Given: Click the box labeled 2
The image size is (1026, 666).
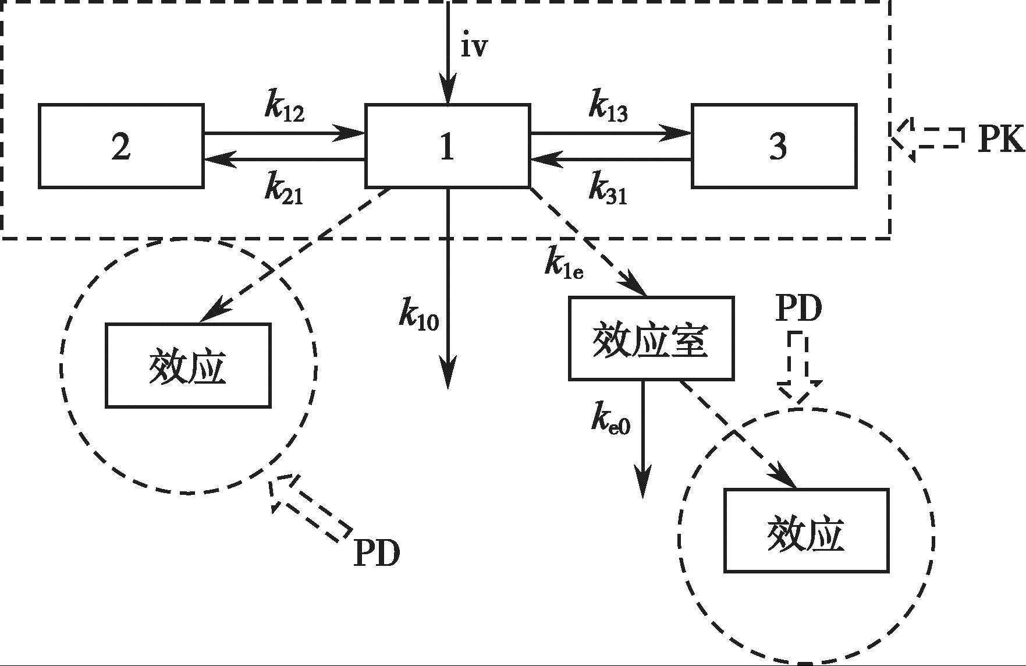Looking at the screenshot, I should click(121, 146).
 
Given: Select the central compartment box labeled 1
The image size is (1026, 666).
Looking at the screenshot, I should click(447, 146).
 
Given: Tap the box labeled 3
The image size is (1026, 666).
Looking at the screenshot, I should click(774, 146).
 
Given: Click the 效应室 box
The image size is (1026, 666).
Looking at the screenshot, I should click(651, 339).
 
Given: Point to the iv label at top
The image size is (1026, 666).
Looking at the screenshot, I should click(473, 47).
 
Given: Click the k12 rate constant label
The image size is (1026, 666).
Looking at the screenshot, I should click(284, 108).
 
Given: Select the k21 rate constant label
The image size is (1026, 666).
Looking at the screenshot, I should click(284, 189).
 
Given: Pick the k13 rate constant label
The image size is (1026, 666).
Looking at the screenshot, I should click(608, 108).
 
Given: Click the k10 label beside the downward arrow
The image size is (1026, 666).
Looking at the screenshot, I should click(418, 315).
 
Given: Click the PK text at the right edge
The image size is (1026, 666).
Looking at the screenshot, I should click(1000, 140).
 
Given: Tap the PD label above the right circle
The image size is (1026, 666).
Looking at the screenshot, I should click(798, 309).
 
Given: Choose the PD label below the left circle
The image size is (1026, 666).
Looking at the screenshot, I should click(377, 553).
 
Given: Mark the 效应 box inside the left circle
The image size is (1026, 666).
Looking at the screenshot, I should click(188, 366).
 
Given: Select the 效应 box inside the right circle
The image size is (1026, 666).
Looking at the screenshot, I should click(806, 531).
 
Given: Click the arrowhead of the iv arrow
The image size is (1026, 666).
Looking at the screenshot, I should click(448, 94).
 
